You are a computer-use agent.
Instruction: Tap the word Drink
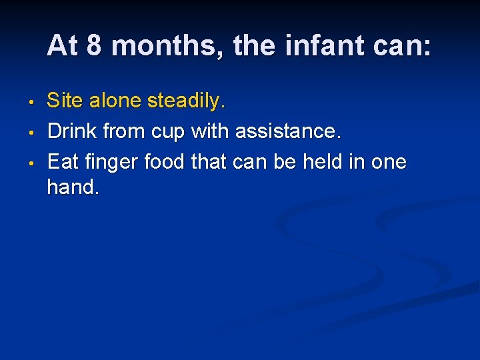pyautogui.click(x=71, y=131)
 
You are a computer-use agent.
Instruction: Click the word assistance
pyautogui.click(x=285, y=131)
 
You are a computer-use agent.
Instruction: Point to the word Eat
pyautogui.click(x=62, y=161)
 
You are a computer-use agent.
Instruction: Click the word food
pyautogui.click(x=167, y=161)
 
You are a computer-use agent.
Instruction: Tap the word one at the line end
pyautogui.click(x=389, y=162)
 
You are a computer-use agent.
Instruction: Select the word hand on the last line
pyautogui.click(x=72, y=188)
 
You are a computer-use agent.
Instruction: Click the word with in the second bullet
pyautogui.click(x=209, y=131)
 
